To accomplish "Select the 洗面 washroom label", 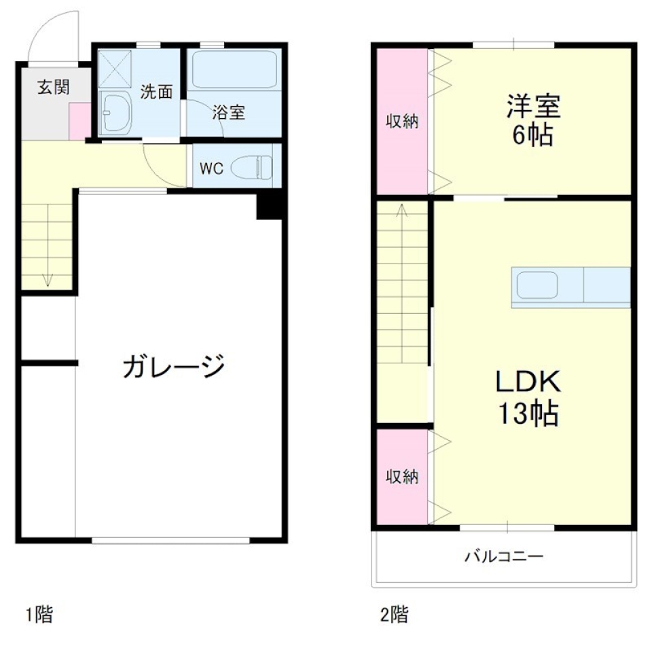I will coord(156,92).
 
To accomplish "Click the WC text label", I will coord(211,169).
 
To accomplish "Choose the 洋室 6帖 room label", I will coord(532,122).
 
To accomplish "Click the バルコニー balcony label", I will coord(504,558).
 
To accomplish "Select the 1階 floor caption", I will coord(39,616).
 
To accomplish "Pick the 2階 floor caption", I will coord(394,616).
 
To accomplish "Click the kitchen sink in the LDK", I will coord(537,285).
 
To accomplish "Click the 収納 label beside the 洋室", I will coord(401,122).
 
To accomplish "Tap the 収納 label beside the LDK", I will coord(401,477).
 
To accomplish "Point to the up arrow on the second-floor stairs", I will coord(402,211).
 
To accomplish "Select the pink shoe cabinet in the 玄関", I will coord(78,121).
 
